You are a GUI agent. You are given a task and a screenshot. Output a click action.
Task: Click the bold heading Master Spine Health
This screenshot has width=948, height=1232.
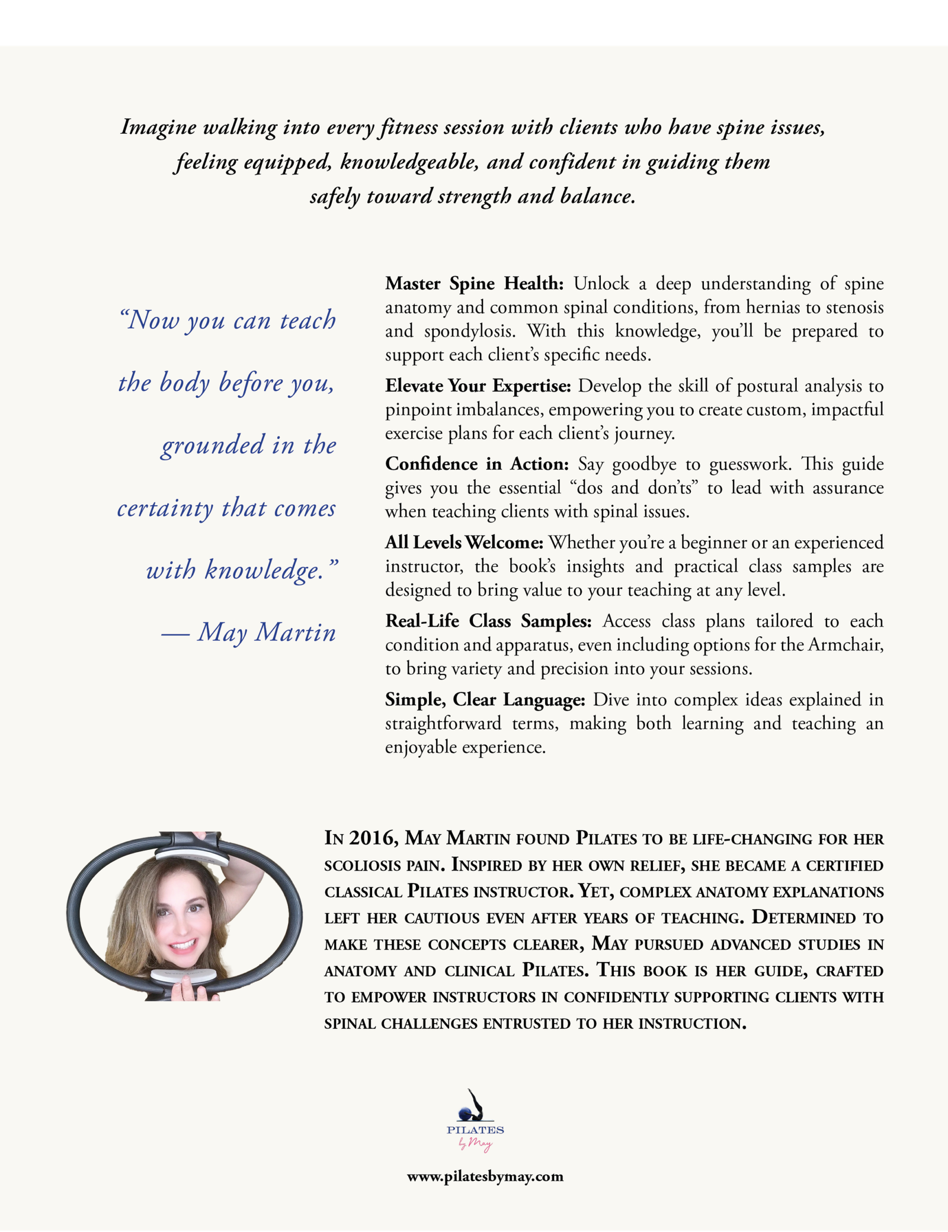[474, 284]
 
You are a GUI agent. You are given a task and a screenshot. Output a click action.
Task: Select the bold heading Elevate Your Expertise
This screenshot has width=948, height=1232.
[478, 386]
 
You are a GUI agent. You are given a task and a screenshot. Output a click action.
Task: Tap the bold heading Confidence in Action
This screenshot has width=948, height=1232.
[476, 464]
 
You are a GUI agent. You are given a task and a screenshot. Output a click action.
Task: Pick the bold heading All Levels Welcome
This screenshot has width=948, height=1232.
[464, 543]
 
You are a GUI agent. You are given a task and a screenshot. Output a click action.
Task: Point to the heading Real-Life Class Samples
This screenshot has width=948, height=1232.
[488, 621]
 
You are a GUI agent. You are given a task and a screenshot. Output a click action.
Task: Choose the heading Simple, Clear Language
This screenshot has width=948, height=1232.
[485, 700]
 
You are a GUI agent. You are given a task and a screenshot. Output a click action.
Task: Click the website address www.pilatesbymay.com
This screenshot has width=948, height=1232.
[485, 1176]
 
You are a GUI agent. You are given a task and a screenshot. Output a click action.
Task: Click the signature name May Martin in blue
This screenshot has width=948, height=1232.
[267, 633]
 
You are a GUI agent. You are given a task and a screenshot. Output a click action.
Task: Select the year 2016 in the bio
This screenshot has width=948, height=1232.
[373, 838]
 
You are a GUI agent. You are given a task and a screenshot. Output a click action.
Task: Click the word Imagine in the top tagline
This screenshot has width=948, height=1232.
[157, 127]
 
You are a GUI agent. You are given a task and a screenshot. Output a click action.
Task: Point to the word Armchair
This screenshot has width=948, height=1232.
[845, 644]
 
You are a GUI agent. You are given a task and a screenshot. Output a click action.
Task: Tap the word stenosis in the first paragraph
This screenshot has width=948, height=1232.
[854, 307]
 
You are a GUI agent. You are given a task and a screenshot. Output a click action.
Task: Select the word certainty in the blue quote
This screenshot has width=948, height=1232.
[164, 509]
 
